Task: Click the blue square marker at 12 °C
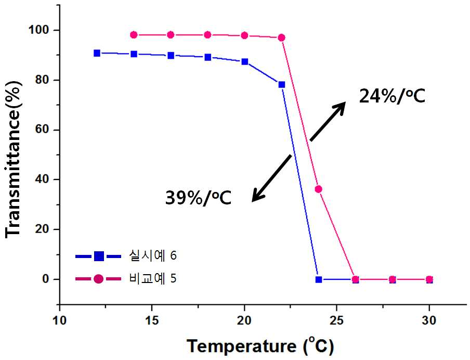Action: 97,53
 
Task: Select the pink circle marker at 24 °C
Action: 318,189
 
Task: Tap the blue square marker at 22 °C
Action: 281,85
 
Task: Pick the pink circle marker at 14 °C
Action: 134,35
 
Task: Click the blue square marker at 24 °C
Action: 319,279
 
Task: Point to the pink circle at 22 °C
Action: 281,37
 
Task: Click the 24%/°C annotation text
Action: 392,97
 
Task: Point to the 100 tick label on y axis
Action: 38,30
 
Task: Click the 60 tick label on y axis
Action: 42,130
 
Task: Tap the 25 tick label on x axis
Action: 336,320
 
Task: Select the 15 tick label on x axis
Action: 152,320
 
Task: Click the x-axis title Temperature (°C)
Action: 260,346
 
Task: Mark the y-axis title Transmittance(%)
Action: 14,159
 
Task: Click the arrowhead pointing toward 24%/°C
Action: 341,107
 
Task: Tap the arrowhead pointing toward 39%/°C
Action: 257,196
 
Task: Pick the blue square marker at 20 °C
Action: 244,61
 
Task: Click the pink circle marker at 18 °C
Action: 207,35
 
